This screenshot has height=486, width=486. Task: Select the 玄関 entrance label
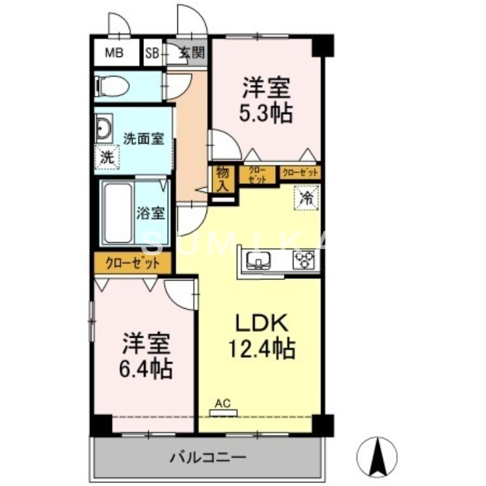tap(190, 53)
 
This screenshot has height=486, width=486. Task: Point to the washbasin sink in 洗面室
tap(103, 128)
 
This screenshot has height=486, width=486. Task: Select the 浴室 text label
tap(150, 214)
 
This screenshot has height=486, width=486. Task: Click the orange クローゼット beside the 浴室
tap(132, 264)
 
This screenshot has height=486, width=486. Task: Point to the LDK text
tap(260, 323)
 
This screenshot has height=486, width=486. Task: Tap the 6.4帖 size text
tap(145, 367)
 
